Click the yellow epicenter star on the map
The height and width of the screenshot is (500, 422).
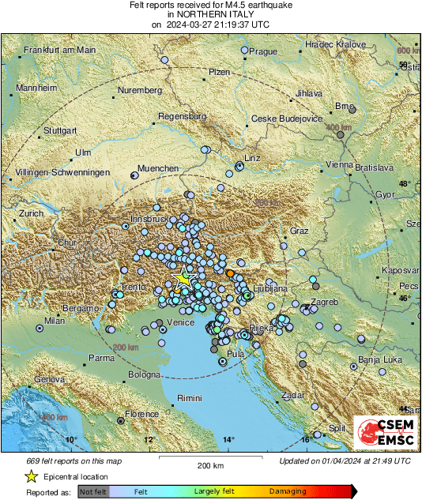point(183,277)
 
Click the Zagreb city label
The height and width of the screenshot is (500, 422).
point(324,303)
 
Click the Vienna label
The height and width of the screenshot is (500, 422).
point(340,165)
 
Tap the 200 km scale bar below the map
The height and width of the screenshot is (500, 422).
point(209,463)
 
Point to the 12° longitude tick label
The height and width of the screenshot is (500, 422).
point(149,440)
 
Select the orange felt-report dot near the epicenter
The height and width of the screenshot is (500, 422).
point(230,273)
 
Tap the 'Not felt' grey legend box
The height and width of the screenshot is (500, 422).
point(92,491)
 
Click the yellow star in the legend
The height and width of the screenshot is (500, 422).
point(31,476)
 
